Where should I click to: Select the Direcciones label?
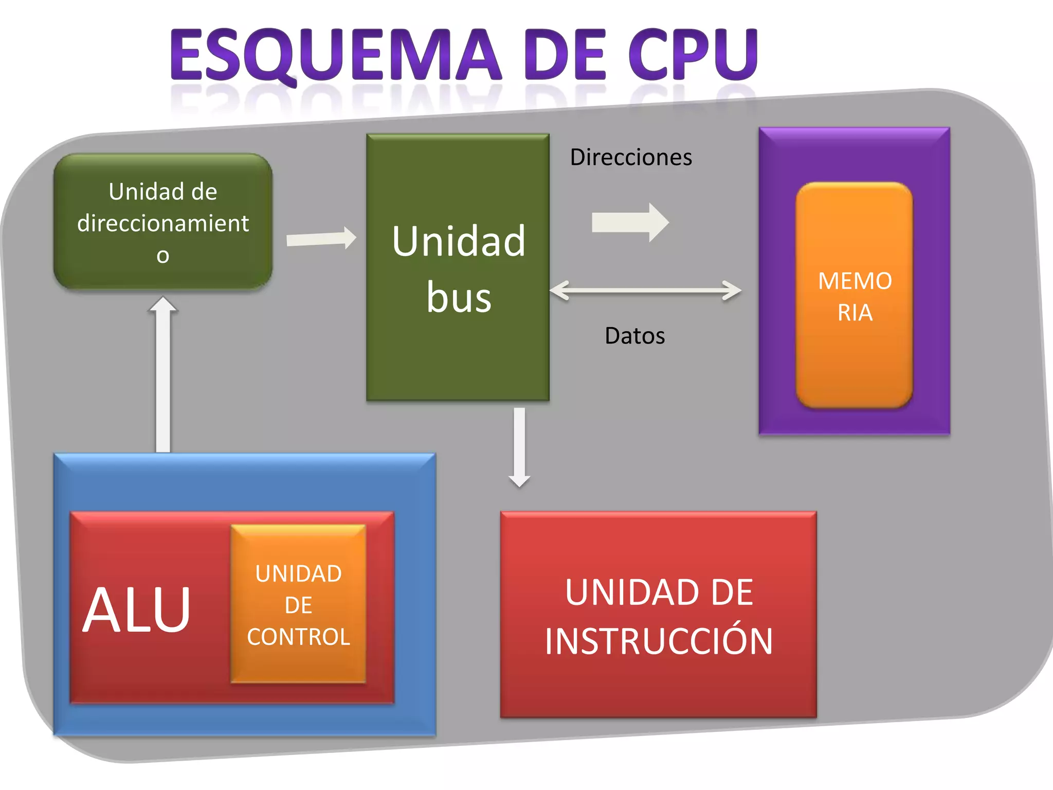point(631,157)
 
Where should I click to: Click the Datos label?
point(634,336)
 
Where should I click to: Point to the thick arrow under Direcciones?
point(630,223)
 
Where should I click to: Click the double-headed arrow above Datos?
point(645,291)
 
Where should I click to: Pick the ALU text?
point(137,611)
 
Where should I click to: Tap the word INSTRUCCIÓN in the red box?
point(659,641)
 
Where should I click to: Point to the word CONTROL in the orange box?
point(298,637)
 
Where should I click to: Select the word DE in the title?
point(566,55)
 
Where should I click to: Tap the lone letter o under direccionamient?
point(163,256)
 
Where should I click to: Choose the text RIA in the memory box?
point(855,313)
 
